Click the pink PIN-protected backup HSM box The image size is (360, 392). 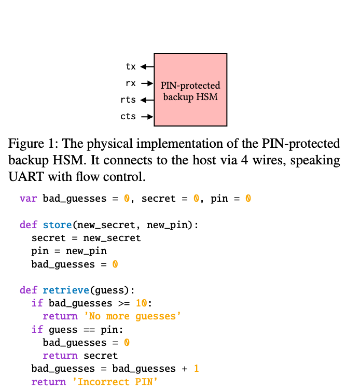[190, 89]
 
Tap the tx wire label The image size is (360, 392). [131, 66]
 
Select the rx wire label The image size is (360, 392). [131, 83]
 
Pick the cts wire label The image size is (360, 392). [128, 116]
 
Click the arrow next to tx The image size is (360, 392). [147, 66]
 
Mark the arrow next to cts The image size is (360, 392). [147, 117]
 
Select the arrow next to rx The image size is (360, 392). [147, 83]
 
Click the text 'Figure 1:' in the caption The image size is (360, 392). [31, 144]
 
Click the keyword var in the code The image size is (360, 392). [29, 199]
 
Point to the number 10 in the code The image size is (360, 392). [141, 303]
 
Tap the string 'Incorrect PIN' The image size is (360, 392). [115, 382]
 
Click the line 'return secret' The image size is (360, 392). [80, 356]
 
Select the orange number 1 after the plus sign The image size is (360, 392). [197, 369]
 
